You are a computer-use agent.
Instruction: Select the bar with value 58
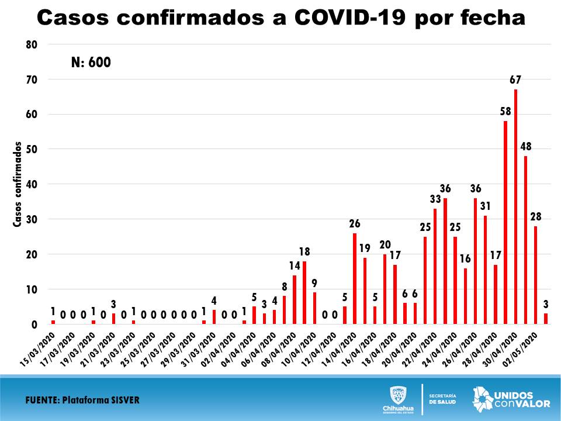point(505,222)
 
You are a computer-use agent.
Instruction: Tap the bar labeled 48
point(526,240)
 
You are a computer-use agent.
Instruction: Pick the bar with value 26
point(355,278)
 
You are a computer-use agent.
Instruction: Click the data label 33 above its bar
point(435,199)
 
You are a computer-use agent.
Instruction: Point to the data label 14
point(294,265)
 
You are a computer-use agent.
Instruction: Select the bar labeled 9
point(314,308)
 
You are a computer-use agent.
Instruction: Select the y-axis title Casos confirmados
point(18,184)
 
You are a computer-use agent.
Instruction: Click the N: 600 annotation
point(91,63)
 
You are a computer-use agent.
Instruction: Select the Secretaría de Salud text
point(442,399)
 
